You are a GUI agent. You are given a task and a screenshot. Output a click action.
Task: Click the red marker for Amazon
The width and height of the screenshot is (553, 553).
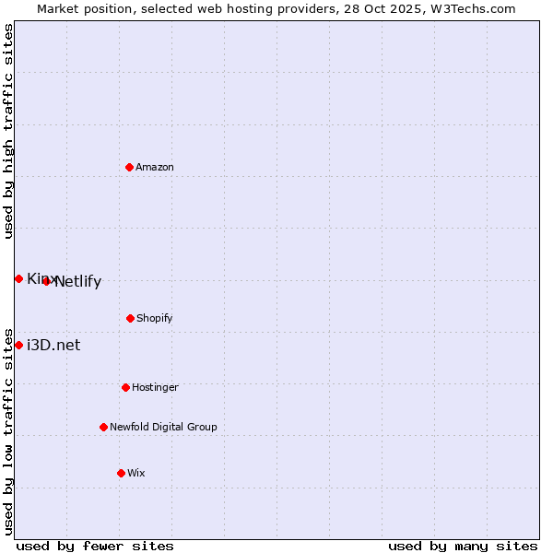click(x=129, y=167)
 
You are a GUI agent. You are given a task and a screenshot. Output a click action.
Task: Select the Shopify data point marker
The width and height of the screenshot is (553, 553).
click(x=130, y=318)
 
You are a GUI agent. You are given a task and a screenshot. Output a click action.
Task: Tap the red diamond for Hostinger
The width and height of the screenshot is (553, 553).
click(x=125, y=387)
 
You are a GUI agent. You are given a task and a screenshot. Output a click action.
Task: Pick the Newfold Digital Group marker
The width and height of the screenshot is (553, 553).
click(x=103, y=427)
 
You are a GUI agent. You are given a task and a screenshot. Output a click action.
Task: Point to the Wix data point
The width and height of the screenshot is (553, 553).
click(x=121, y=473)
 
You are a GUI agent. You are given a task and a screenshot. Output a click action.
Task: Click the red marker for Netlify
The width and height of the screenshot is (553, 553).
click(x=46, y=281)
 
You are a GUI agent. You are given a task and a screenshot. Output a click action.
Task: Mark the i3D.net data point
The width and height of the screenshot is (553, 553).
click(x=18, y=345)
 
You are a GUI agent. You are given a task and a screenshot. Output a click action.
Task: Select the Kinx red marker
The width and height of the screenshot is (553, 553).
click(x=18, y=278)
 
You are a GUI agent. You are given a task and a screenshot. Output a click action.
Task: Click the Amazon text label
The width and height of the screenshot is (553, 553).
click(x=155, y=167)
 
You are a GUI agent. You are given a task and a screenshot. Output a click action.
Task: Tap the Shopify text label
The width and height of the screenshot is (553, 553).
click(x=155, y=318)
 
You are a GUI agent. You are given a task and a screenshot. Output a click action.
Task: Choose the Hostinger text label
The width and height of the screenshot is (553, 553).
click(x=155, y=387)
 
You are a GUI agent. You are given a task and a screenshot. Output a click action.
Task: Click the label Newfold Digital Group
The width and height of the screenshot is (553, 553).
click(x=163, y=427)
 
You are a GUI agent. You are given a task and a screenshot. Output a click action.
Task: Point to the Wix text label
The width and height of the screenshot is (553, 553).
click(x=136, y=473)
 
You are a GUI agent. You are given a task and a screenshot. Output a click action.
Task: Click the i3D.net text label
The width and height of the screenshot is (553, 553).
click(x=53, y=345)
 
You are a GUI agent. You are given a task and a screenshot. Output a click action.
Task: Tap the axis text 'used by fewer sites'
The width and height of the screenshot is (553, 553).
click(x=95, y=546)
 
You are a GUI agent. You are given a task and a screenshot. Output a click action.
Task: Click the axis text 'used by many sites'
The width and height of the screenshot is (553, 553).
click(x=463, y=546)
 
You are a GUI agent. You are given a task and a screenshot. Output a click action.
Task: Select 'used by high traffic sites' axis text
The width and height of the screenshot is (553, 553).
click(x=8, y=131)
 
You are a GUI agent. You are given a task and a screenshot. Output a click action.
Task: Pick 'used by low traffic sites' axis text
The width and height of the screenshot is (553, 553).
click(x=8, y=430)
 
